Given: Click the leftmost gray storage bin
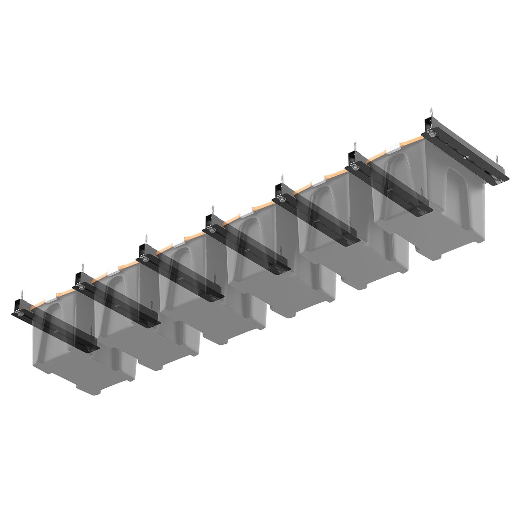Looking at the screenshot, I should click(84, 363).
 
